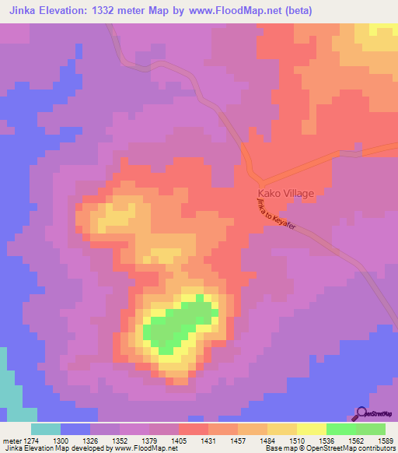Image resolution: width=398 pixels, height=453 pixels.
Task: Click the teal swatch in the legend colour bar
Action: (46, 429)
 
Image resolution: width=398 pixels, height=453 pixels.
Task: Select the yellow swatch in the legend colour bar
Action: (312, 429)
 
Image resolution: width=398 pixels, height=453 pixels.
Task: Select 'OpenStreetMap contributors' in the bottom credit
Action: (354, 449)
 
